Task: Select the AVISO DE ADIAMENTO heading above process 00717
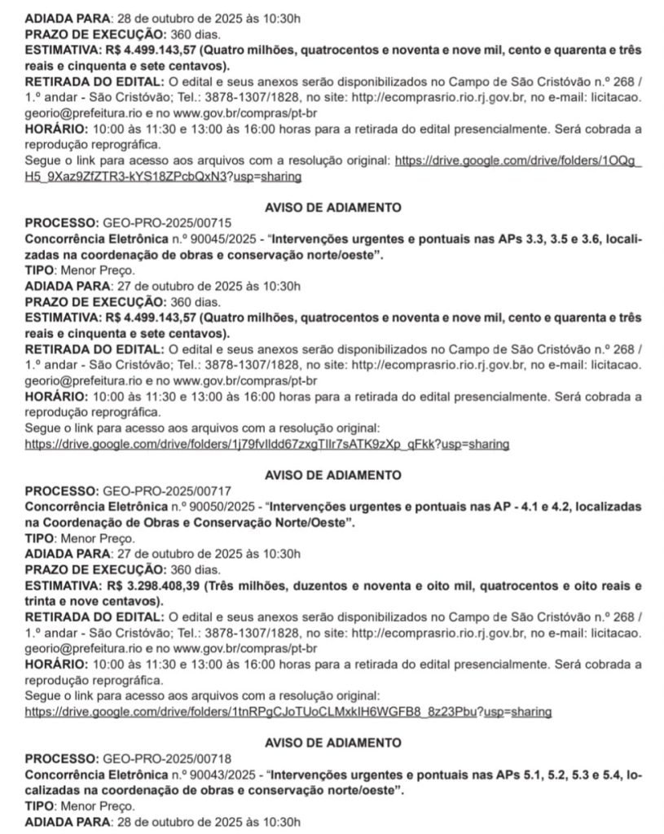[x=333, y=474]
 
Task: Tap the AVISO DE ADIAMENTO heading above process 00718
[x=333, y=743]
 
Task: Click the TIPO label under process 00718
[x=39, y=805]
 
